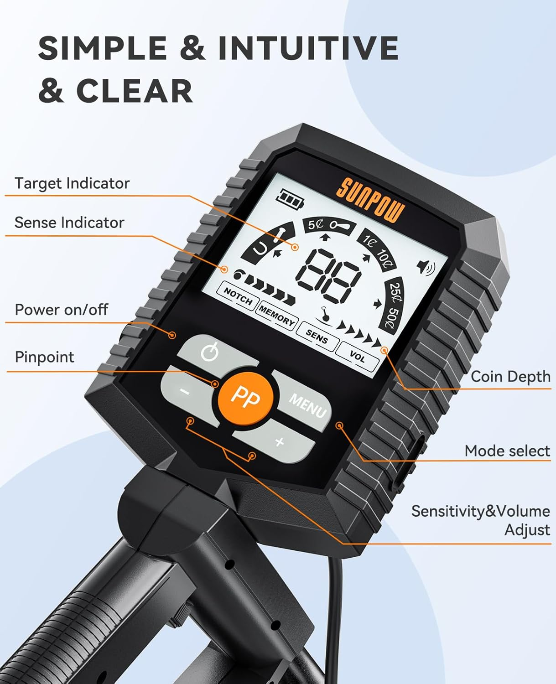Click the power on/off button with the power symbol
click(210, 352)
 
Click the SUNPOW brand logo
click(370, 200)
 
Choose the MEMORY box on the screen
click(276, 315)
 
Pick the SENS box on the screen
click(317, 337)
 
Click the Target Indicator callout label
click(72, 183)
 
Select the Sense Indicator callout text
click(69, 223)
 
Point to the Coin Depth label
click(510, 377)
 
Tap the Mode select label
click(507, 451)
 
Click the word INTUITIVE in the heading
click(308, 47)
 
